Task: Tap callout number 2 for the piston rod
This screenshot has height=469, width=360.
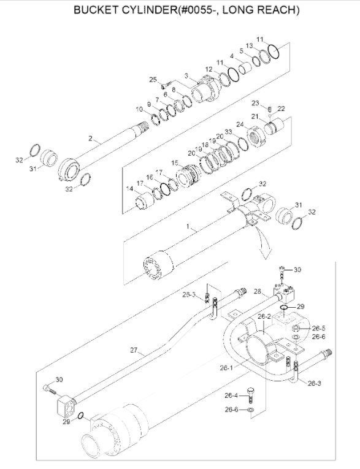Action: (x=90, y=140)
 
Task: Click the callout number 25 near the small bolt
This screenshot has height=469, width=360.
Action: (x=153, y=79)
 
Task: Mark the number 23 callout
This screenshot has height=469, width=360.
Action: (x=255, y=102)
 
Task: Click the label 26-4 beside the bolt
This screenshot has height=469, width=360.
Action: (x=231, y=395)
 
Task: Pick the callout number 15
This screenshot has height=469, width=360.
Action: (x=175, y=163)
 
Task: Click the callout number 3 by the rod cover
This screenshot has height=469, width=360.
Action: (x=185, y=75)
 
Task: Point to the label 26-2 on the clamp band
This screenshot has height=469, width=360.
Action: (x=264, y=316)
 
